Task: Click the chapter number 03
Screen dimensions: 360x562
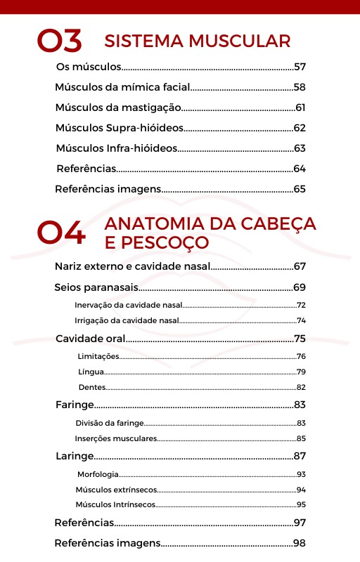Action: pos(59,42)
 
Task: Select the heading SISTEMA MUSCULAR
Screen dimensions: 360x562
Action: pos(197,41)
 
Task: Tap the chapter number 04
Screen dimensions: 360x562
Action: pos(61,233)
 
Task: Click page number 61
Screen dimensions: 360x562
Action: pos(300,107)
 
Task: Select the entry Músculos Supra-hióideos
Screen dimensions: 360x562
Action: pos(120,128)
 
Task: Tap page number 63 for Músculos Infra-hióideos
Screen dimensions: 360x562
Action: pos(300,148)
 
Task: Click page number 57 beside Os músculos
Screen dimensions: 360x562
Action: pos(300,67)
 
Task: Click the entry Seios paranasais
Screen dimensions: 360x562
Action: pos(96,287)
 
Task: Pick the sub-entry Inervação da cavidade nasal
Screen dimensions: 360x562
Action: pos(128,306)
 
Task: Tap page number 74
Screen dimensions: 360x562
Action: pos(301,320)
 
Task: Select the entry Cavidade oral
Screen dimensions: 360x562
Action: pos(91,339)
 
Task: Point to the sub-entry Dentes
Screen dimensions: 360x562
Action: pos(92,387)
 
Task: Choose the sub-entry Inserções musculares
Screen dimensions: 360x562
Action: pos(116,438)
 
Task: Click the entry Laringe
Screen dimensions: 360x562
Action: pos(75,456)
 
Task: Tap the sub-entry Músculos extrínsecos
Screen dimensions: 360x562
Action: pos(115,490)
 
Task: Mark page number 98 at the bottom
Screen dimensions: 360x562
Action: pos(300,542)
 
